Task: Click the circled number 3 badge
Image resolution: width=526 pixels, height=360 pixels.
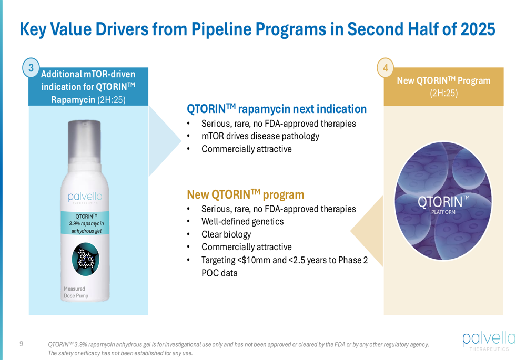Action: [31, 68]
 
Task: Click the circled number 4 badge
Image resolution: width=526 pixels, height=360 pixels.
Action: [386, 68]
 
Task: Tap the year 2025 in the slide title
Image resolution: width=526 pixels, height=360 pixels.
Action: [478, 29]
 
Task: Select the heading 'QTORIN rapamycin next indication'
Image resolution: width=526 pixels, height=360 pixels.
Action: [277, 109]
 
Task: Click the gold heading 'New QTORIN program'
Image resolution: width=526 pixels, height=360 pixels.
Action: [246, 194]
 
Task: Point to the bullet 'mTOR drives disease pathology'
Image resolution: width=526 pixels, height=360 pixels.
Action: [260, 136]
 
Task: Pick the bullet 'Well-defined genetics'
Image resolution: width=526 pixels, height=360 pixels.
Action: [242, 222]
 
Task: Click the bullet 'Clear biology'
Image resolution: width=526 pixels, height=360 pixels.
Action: [226, 234]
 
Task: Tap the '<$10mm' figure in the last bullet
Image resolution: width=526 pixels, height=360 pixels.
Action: [252, 260]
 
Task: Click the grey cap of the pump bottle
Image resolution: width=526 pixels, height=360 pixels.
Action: [85, 141]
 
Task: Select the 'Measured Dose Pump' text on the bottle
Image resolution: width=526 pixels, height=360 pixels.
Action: [76, 292]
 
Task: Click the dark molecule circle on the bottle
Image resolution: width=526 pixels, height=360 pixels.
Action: [86, 259]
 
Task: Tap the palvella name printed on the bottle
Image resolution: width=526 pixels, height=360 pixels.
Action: [85, 197]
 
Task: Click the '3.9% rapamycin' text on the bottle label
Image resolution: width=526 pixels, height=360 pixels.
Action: [87, 223]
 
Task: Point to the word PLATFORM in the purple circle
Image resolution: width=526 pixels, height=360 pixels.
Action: [443, 212]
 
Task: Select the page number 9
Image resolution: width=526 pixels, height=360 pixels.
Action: [22, 344]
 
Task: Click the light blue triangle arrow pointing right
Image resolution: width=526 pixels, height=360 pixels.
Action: [164, 141]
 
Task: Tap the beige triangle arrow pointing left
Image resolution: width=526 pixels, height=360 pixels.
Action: [367, 231]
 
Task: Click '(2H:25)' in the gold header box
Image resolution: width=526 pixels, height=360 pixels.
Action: [444, 93]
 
